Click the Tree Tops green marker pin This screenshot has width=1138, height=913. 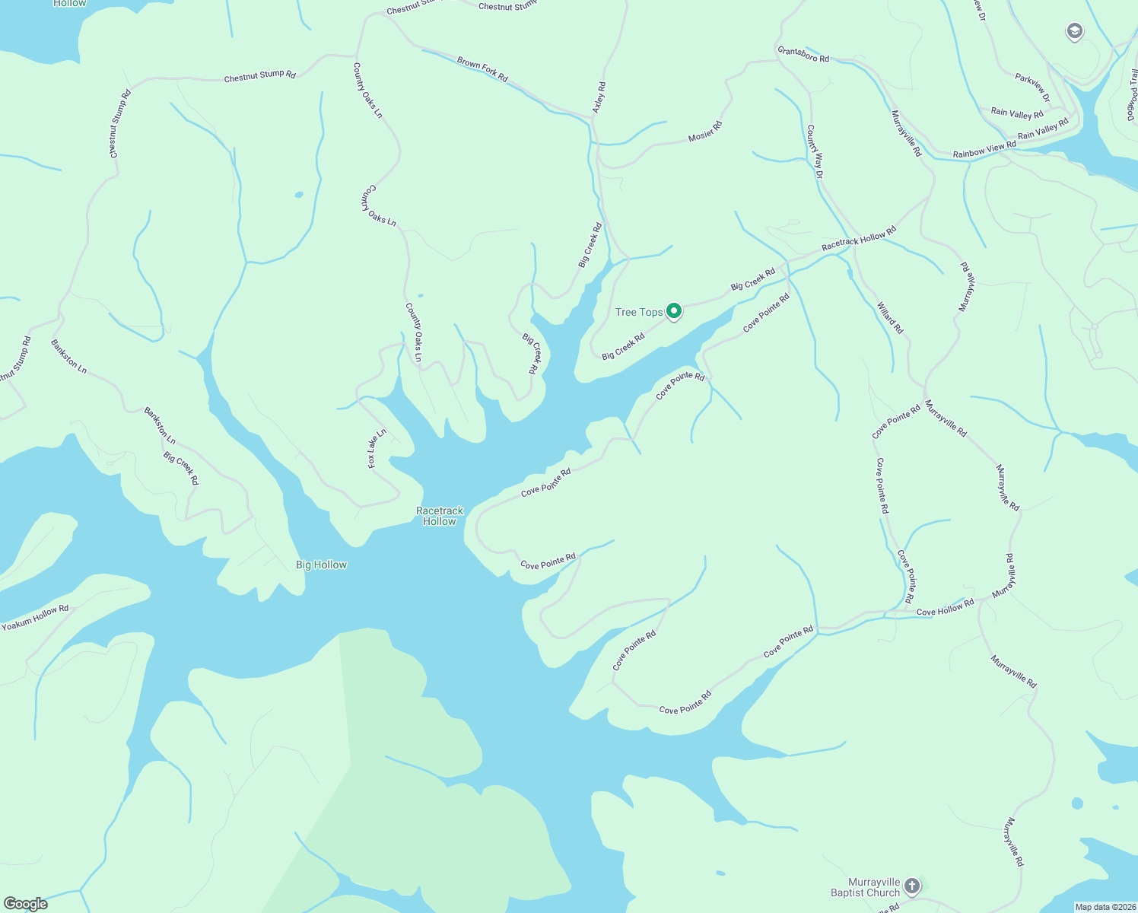(x=673, y=310)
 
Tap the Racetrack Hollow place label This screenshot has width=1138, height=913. (x=440, y=516)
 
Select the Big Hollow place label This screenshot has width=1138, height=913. (x=321, y=565)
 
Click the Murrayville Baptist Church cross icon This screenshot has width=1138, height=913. (x=912, y=886)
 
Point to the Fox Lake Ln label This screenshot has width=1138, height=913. (x=377, y=449)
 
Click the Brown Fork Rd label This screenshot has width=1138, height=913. (x=482, y=68)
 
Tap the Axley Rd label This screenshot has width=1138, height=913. (x=599, y=97)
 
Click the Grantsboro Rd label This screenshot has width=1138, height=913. (x=803, y=54)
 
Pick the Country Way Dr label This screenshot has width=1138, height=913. (x=815, y=151)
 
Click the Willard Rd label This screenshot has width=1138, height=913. (x=890, y=318)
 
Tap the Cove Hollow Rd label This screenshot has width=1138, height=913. (x=946, y=608)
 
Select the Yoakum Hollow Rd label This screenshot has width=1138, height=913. (x=35, y=618)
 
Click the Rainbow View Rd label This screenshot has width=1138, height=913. (x=984, y=150)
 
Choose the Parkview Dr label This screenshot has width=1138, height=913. (x=1032, y=87)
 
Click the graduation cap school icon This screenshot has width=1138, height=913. (x=1074, y=31)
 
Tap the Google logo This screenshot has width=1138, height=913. (x=25, y=904)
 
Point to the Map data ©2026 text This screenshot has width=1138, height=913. (x=1105, y=907)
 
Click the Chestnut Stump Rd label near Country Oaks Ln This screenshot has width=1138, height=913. (x=259, y=76)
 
